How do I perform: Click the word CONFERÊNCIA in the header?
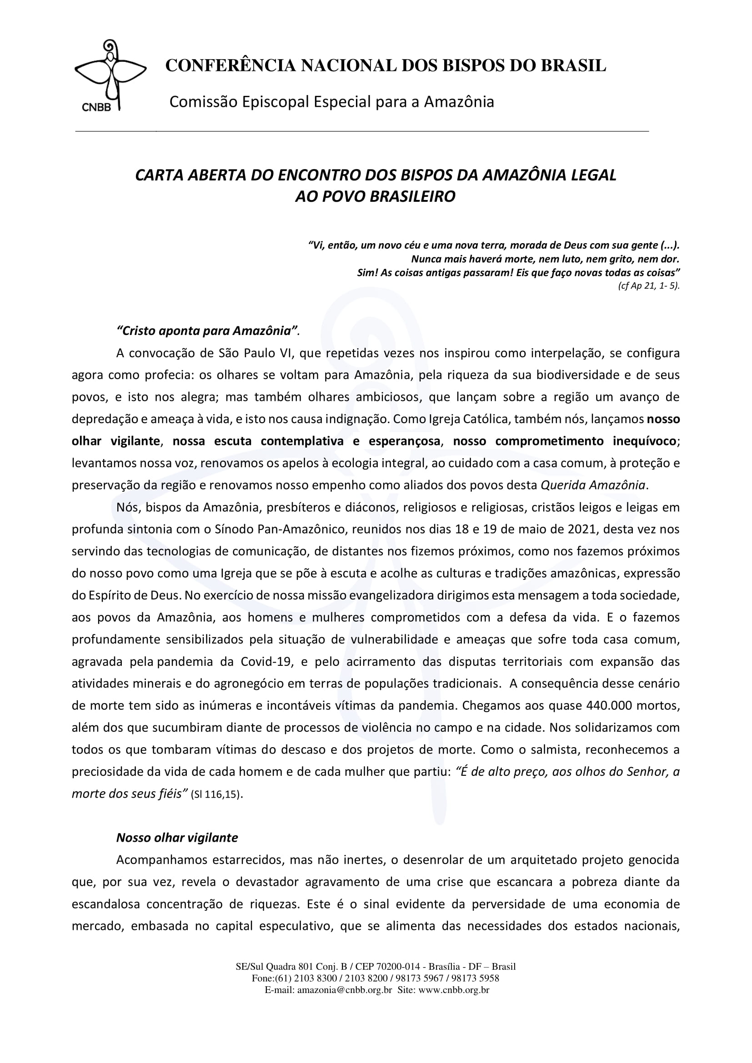coord(230,66)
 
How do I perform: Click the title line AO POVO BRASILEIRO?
coord(375,197)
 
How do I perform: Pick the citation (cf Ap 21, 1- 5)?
coord(648,286)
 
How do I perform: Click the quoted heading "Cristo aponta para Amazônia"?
coord(206,331)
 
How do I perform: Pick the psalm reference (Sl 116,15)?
coord(217,795)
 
